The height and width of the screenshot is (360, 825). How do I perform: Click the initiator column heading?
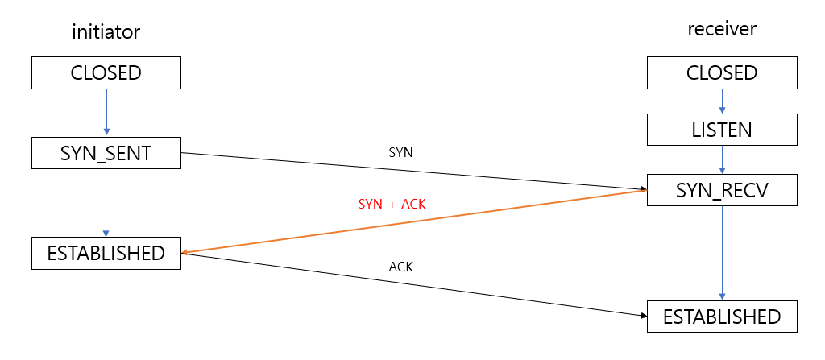(106, 32)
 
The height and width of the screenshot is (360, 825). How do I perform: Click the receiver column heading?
(722, 29)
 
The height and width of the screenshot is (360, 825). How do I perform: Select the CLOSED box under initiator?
(106, 73)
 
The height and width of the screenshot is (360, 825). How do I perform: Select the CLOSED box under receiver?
(722, 73)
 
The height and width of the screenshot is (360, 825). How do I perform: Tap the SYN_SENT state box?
(106, 153)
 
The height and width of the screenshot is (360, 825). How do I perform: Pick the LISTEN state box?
(722, 129)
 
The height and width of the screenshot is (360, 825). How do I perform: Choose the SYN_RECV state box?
(722, 191)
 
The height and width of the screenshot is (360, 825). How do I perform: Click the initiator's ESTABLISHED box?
(106, 253)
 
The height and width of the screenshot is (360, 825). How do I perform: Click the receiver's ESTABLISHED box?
(722, 317)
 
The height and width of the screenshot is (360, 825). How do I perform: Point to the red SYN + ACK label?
(392, 204)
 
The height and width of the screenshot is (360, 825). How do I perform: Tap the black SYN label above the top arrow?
(400, 151)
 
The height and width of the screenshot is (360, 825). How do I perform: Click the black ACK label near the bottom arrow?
(400, 267)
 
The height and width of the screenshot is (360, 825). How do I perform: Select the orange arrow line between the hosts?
(414, 221)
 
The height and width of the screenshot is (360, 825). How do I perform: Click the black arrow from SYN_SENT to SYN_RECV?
(414, 172)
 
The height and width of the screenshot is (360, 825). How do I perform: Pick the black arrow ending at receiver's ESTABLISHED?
(414, 284)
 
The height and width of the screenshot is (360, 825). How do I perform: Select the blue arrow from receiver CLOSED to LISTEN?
(722, 101)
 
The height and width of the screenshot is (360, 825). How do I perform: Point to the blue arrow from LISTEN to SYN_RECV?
(722, 159)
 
